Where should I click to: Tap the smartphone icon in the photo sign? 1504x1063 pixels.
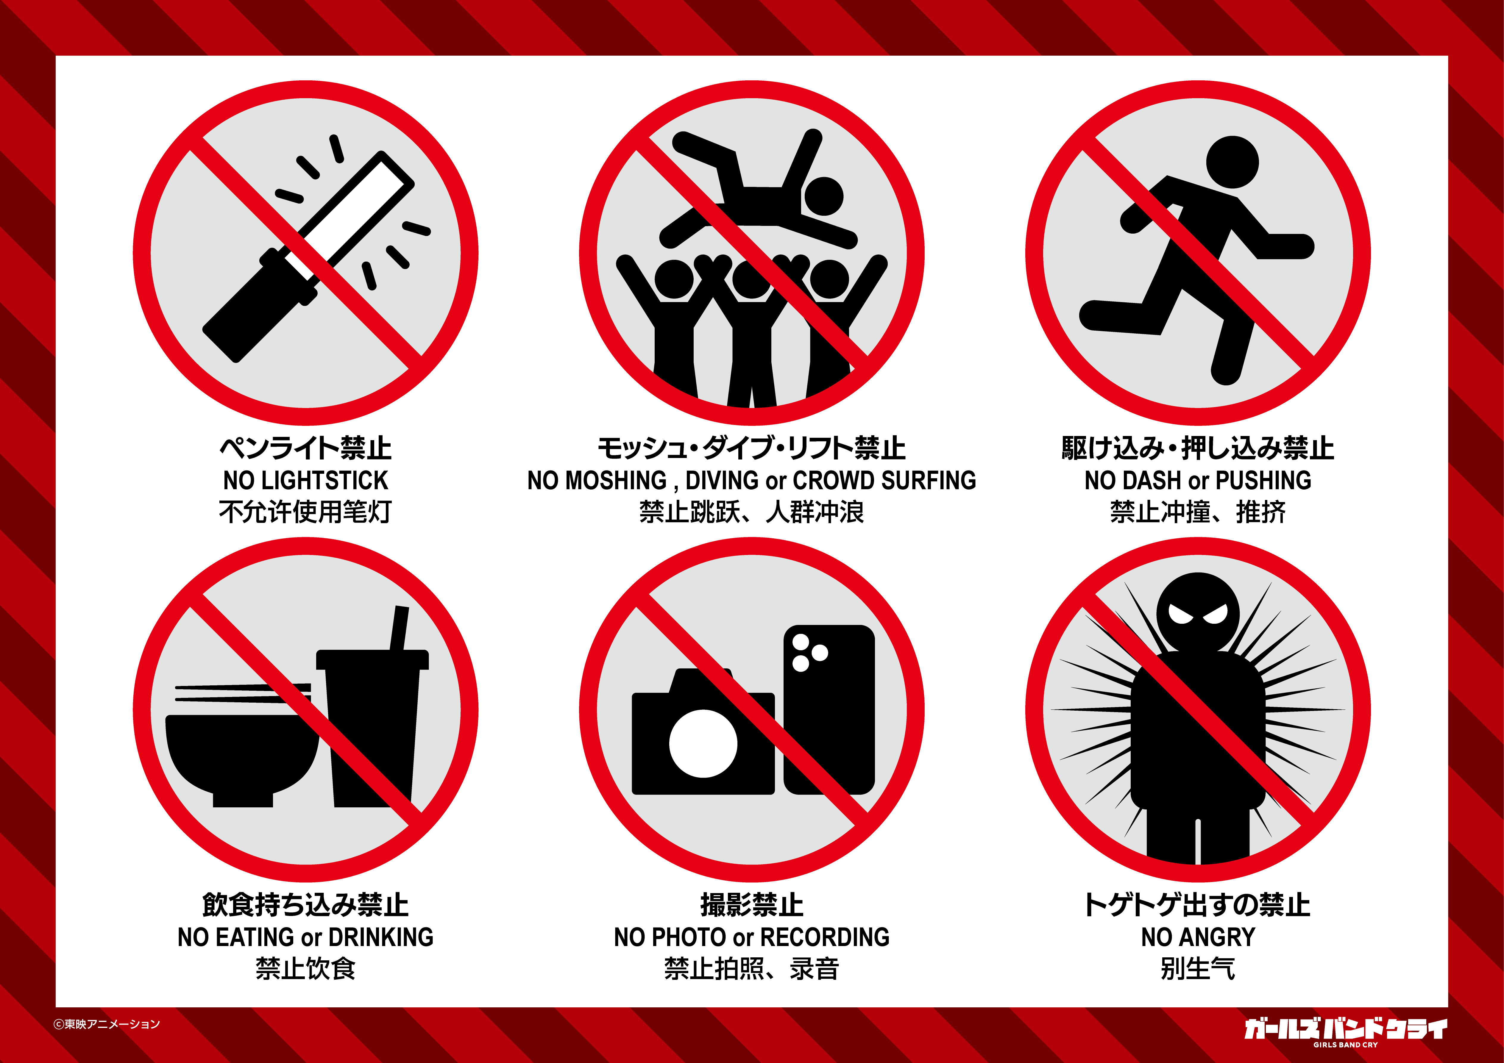point(829,709)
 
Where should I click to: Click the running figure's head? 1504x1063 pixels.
point(1232,162)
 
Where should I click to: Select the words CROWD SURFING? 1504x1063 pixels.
point(884,481)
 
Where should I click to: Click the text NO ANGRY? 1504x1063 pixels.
point(1198,937)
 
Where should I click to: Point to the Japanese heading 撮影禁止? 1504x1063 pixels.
point(752,905)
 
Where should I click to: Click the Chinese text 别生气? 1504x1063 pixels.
point(1198,969)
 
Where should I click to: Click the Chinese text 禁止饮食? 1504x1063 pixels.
point(305,969)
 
